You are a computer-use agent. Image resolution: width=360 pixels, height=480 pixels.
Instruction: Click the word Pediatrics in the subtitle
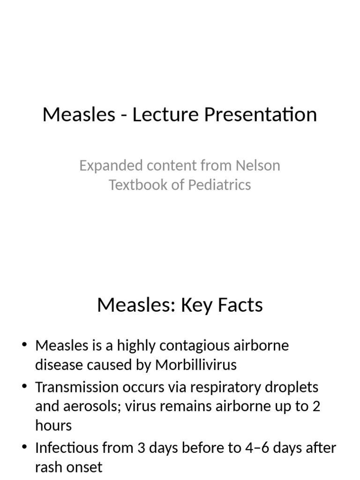(x=219, y=185)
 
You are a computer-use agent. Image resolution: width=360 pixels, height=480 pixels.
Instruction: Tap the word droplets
(x=295, y=387)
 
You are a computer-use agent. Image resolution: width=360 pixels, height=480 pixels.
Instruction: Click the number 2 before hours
(x=316, y=406)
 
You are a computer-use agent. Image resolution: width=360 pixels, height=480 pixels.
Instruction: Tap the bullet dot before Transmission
(x=25, y=387)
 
